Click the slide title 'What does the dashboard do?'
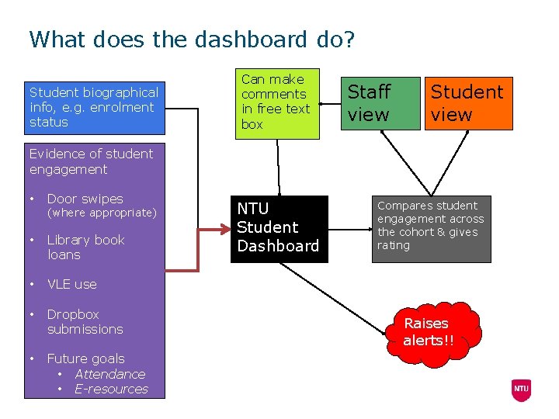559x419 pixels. (191, 40)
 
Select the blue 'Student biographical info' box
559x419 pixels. (94, 108)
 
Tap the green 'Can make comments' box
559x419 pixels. (277, 102)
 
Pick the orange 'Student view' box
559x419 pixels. (467, 103)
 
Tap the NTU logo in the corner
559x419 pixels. (520, 389)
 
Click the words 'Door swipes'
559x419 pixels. (85, 199)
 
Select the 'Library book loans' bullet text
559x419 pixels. (85, 247)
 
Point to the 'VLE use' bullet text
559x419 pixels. (71, 284)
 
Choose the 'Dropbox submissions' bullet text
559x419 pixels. (85, 321)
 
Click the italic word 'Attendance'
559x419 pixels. (109, 374)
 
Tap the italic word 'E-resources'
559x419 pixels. (111, 389)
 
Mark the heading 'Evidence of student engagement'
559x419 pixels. (91, 161)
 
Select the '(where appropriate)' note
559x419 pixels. (102, 213)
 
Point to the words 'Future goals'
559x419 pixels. (85, 358)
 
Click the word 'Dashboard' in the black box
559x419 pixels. (278, 246)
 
